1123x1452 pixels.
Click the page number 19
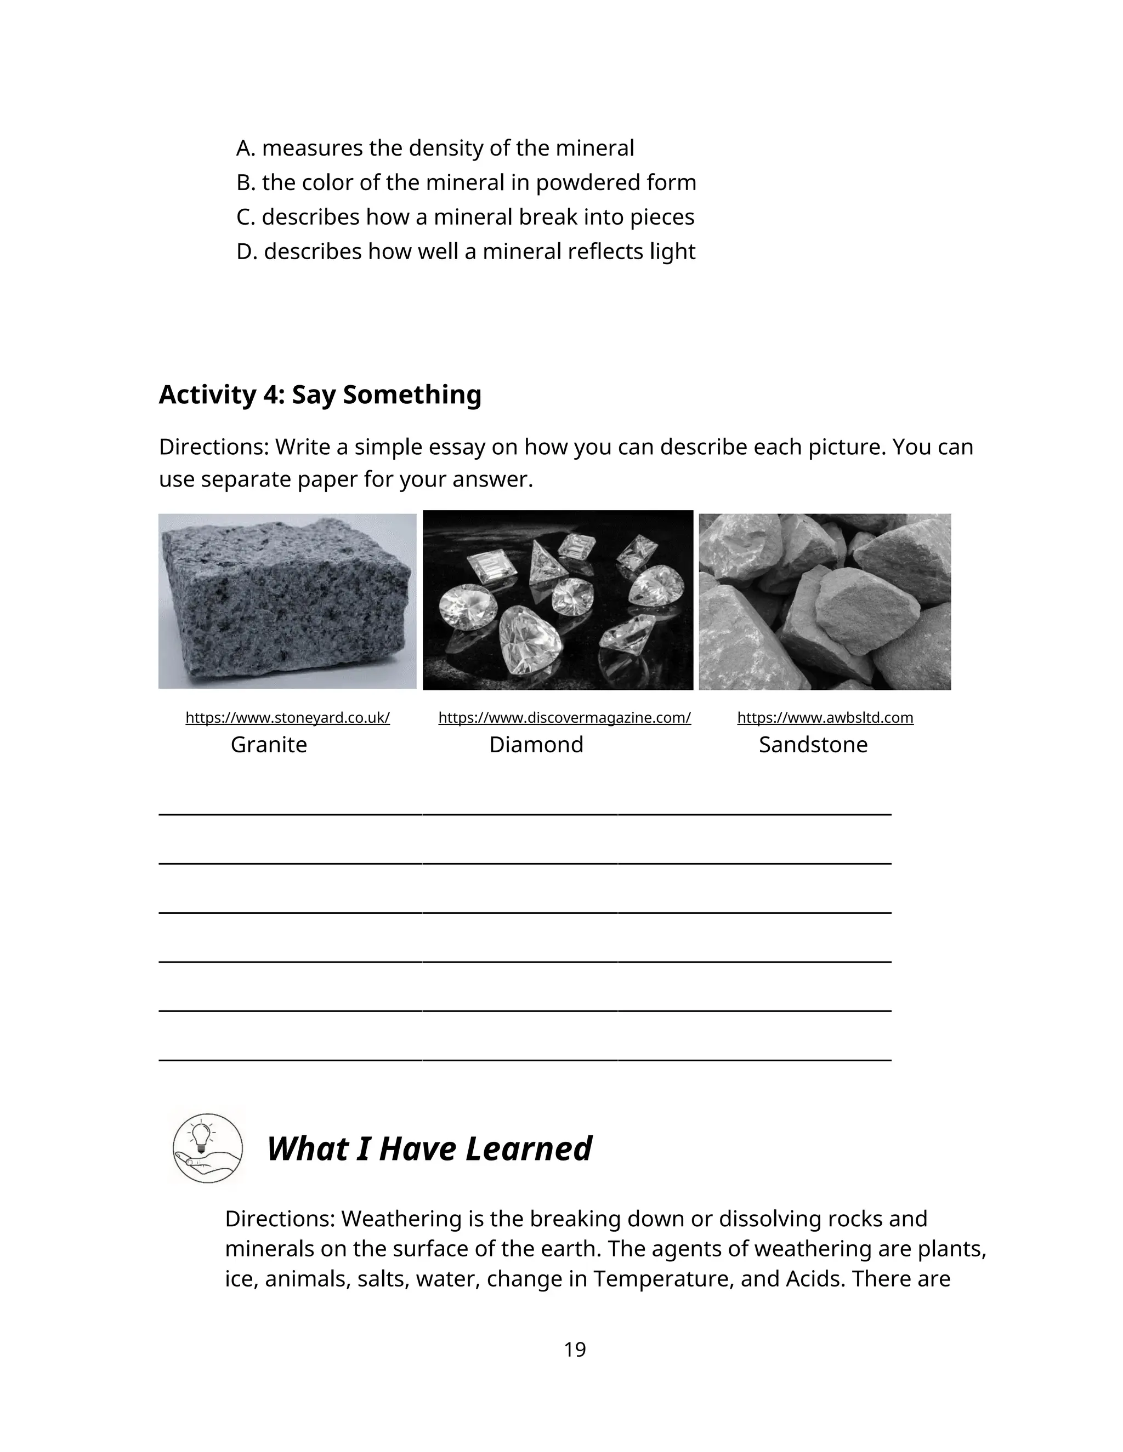coord(574,1349)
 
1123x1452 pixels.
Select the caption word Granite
coord(269,744)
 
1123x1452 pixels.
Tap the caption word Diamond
coord(536,744)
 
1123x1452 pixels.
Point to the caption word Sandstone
coord(813,744)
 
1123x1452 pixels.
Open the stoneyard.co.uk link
coord(287,717)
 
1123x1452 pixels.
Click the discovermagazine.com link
coord(564,717)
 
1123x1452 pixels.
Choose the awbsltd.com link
coord(825,717)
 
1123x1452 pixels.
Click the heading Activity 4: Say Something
coord(320,395)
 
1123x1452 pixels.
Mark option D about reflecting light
coord(466,251)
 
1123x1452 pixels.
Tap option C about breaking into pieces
coord(465,217)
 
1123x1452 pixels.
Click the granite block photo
coord(287,602)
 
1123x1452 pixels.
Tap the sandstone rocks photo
coord(824,602)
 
